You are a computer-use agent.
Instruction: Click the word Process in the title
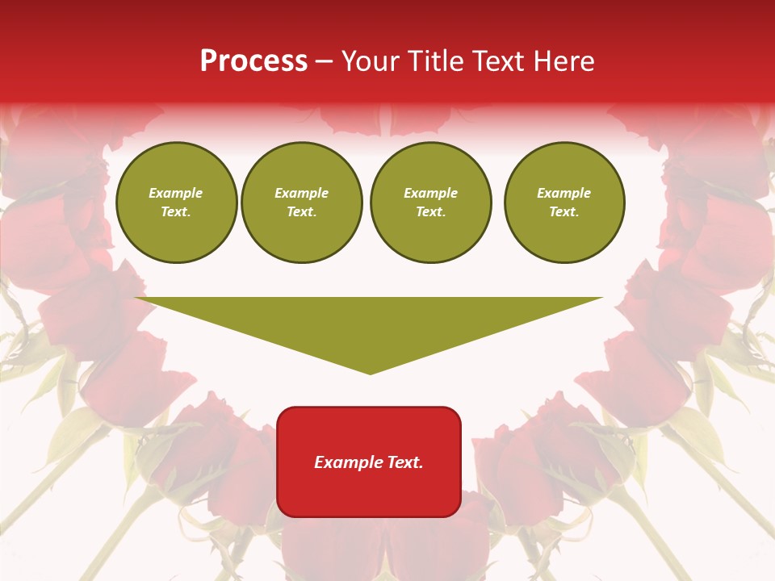point(253,61)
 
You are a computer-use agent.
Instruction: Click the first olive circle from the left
point(177,203)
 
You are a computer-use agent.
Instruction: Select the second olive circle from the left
point(302,203)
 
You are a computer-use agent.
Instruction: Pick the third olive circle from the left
point(431,203)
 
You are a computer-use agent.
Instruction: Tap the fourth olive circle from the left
point(564,203)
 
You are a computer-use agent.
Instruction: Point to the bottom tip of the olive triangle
point(371,374)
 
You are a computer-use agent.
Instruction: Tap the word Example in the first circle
point(176,193)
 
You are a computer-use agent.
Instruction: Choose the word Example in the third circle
point(431,193)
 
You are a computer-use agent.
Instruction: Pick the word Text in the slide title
point(500,61)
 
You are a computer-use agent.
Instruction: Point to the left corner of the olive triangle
point(136,298)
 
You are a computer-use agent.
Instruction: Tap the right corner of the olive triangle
point(601,298)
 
